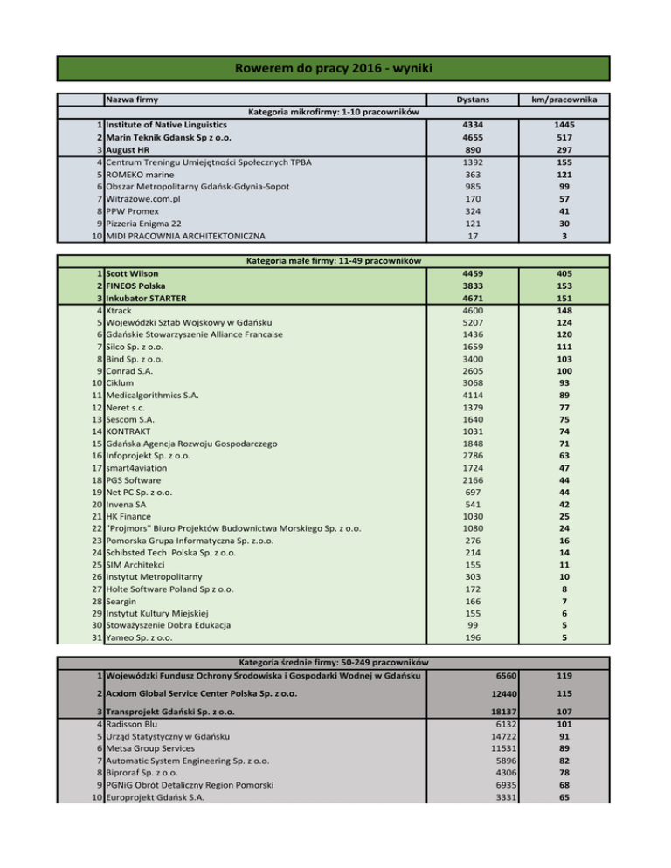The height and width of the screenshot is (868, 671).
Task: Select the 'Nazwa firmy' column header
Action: [x=131, y=101]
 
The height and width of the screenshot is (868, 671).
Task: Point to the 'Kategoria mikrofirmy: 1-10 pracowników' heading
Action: [x=335, y=114]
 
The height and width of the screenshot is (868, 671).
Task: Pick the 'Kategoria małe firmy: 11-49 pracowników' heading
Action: [x=335, y=261]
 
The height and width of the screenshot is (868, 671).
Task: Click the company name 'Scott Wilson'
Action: [x=132, y=274]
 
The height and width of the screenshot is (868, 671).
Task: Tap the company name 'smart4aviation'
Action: [x=136, y=468]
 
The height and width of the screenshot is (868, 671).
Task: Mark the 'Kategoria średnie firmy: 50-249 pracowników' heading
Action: [x=335, y=663]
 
